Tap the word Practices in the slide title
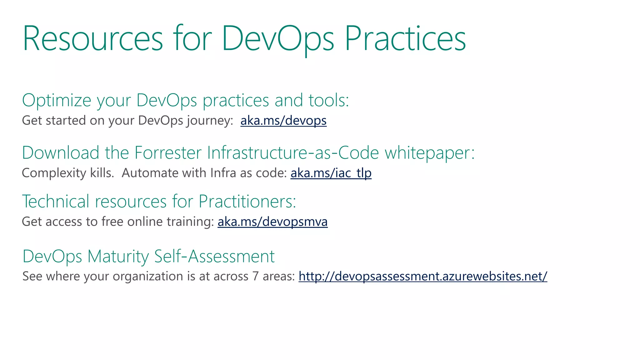point(405,39)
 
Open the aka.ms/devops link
point(283,121)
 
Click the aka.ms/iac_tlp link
point(331,173)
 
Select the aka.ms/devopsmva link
point(272,222)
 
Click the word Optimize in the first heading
point(57,101)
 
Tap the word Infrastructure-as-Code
point(293,153)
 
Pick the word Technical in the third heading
point(56,202)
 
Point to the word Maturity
point(118,257)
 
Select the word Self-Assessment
point(214,257)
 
